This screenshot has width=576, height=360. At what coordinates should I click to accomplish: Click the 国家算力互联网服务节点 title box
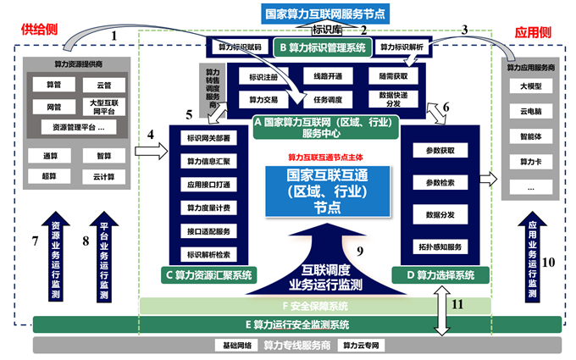point(327,14)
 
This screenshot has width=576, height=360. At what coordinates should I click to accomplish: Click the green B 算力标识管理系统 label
point(323,48)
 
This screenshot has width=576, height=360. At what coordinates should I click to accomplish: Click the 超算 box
point(50,176)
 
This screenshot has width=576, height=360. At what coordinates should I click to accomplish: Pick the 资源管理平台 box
point(76,126)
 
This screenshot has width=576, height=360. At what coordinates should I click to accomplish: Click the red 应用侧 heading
point(533,32)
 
